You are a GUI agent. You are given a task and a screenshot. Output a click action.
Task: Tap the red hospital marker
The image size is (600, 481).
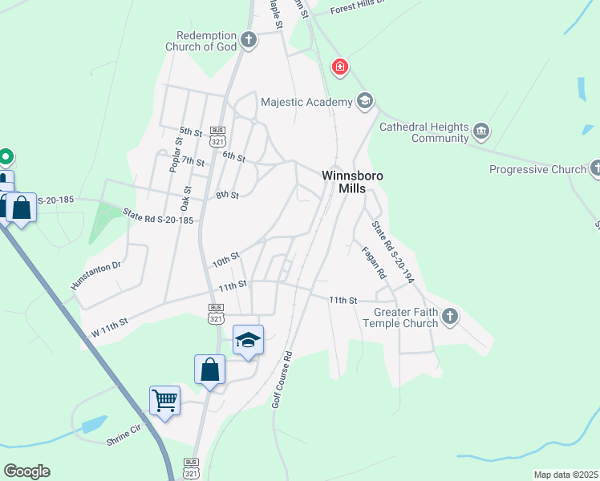pos(340,67)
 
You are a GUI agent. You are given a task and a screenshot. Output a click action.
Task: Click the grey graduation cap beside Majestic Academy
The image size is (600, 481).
pos(365,101)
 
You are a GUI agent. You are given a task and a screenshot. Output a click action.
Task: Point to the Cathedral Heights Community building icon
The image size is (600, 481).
pos(481,131)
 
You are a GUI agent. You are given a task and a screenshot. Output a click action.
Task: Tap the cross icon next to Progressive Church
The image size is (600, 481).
pos(595,168)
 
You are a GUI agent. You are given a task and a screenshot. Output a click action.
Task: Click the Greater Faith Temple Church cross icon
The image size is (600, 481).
pos(449,316)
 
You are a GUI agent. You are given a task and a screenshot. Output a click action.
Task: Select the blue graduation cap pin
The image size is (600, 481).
pos(248,340)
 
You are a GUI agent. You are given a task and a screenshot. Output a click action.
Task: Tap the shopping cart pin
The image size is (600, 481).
pos(164,400)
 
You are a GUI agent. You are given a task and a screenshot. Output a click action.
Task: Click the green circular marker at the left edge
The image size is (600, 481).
pos(6,156)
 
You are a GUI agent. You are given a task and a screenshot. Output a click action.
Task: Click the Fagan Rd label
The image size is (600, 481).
pos(374,263)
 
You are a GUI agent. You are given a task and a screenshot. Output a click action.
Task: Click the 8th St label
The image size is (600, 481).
pos(228,195)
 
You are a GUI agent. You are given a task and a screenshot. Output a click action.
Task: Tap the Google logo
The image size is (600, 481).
pos(26,471)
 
